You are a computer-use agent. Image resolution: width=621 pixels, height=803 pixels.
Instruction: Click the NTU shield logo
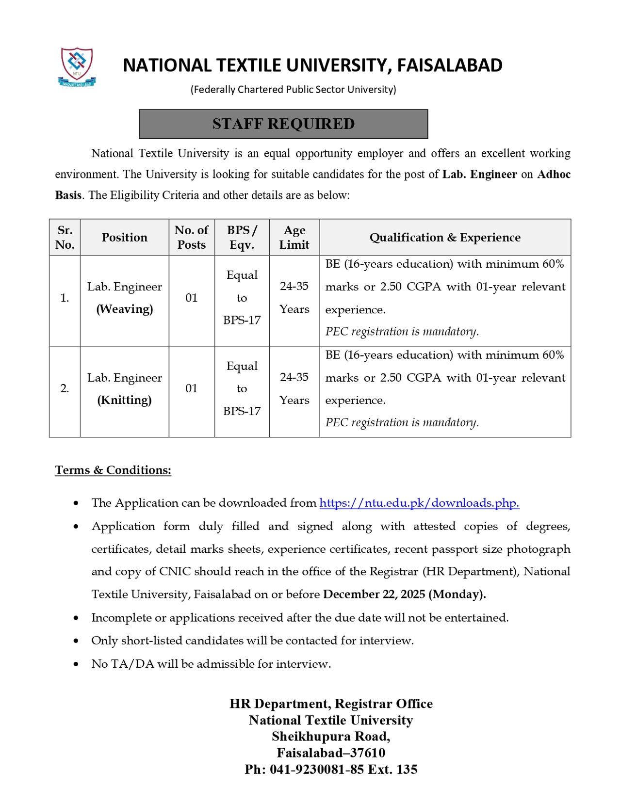[x=77, y=66]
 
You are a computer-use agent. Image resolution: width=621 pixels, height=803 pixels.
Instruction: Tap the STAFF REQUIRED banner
[x=283, y=124]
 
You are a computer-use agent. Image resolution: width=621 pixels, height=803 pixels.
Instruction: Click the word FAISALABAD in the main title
[x=450, y=65]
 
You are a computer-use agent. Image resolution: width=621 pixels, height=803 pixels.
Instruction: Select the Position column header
[x=125, y=237]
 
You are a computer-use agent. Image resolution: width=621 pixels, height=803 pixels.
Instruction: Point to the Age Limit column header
[x=294, y=237]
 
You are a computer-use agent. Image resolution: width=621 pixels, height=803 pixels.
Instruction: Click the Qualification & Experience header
[x=445, y=237]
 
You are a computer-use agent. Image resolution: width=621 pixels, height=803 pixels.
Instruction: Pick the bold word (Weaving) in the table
[x=125, y=309]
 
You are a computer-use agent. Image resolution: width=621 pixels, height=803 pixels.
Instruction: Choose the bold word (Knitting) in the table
[x=125, y=400]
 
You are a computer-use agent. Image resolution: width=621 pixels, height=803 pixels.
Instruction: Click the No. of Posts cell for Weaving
[x=192, y=298]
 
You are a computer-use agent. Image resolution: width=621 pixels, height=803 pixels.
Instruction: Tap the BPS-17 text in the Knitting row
[x=242, y=411]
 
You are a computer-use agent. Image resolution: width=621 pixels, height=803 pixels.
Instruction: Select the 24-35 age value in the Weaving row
[x=294, y=286]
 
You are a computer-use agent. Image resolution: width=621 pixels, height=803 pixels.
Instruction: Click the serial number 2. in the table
[x=65, y=388]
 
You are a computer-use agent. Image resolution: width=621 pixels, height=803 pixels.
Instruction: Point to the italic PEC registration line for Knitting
[x=402, y=422]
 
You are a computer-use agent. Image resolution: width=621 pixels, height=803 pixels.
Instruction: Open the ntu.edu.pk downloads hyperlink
[x=419, y=503]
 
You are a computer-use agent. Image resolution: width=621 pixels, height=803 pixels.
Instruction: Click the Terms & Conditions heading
[x=113, y=470]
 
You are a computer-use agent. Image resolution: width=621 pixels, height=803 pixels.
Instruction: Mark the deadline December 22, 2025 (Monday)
[x=404, y=594]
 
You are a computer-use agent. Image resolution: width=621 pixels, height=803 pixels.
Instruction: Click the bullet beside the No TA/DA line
[x=76, y=664]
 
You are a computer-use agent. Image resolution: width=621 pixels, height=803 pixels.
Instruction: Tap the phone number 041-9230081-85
[x=316, y=770]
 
